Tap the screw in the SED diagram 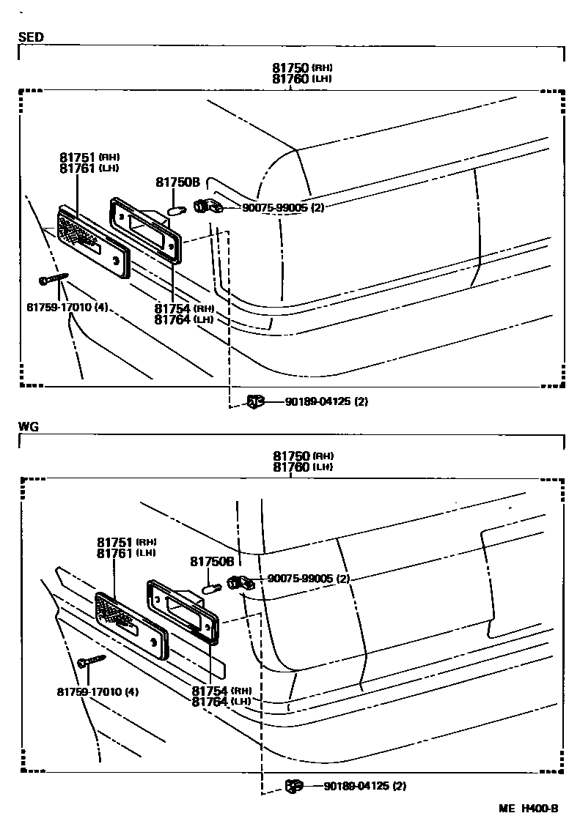point(53,279)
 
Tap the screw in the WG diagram point(91,661)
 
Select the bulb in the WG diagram point(213,587)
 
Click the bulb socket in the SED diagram point(207,207)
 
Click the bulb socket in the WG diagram point(240,582)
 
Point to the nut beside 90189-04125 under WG point(294,786)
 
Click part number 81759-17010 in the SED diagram point(57,306)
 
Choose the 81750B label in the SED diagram point(177,182)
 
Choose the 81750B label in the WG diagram point(212,562)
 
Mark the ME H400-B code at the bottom point(528,809)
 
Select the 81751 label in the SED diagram point(78,157)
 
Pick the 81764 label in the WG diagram point(210,702)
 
